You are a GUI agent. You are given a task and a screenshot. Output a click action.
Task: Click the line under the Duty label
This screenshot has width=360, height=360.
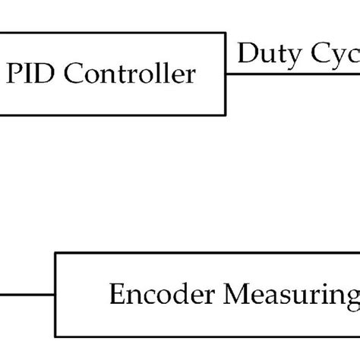tap(292, 74)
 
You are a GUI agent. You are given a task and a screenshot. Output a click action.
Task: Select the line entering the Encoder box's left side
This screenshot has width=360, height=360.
tap(27, 295)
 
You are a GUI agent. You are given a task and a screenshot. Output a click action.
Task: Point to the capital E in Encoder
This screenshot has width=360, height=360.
tap(117, 295)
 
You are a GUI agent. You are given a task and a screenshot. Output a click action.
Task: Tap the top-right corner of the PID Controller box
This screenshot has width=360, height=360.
tap(226, 33)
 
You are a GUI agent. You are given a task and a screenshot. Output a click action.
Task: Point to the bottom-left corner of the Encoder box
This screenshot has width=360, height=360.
tap(55, 336)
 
